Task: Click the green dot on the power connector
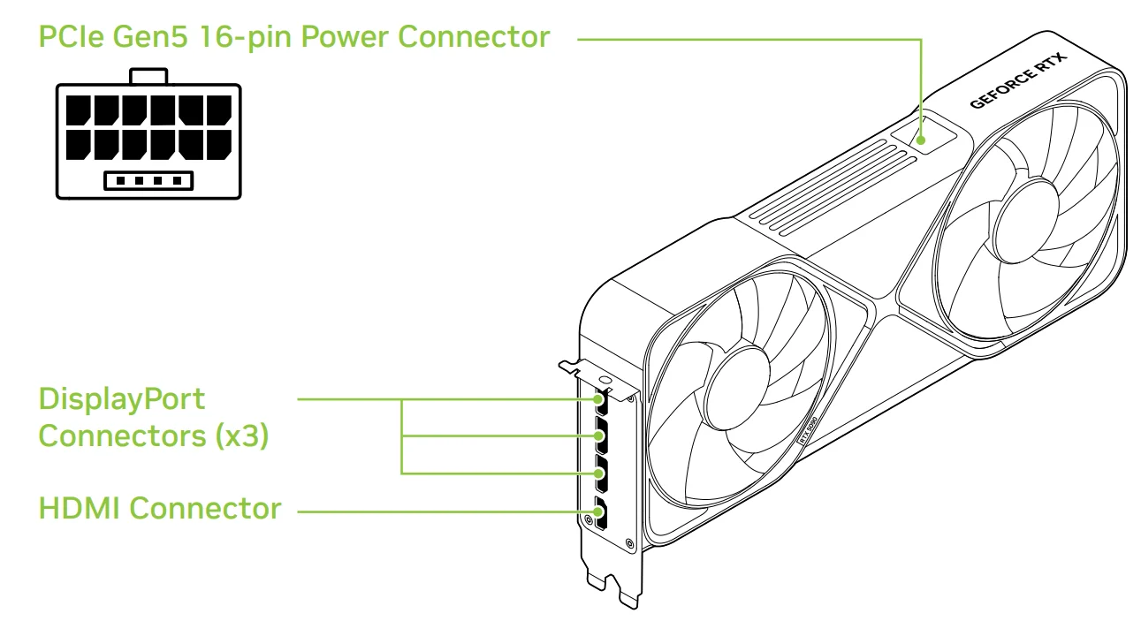tap(922, 139)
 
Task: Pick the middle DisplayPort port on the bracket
tap(602, 439)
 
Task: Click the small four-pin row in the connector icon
tap(148, 180)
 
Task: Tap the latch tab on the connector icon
tap(148, 76)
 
